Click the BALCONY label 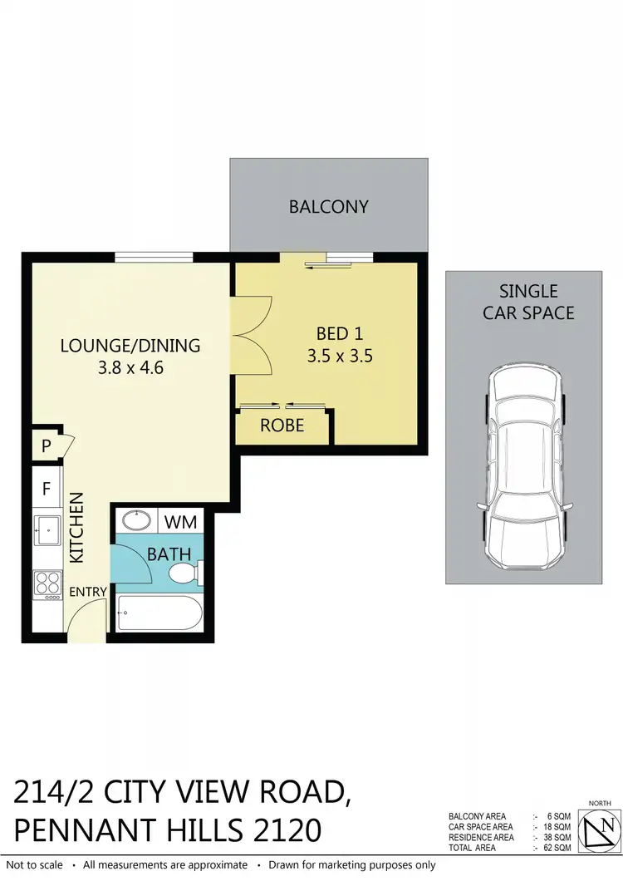(x=328, y=206)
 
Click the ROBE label (x=282, y=426)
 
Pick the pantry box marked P (x=46, y=446)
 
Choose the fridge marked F (x=47, y=488)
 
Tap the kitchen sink (x=47, y=527)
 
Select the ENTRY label (x=87, y=592)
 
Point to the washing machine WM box (x=180, y=523)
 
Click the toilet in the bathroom (x=184, y=573)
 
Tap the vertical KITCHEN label (x=76, y=529)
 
